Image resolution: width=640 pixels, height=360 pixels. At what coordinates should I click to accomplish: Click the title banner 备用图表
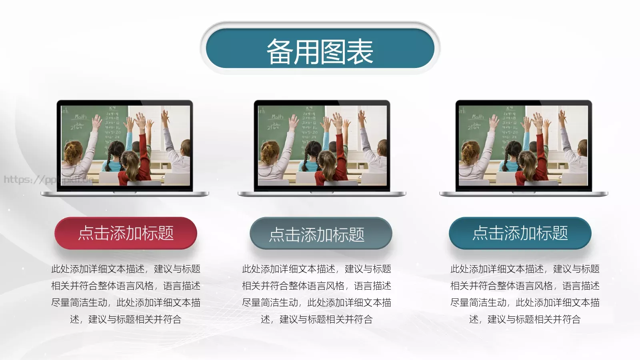tap(320, 51)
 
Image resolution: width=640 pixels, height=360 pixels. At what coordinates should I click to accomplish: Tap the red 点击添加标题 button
tap(126, 233)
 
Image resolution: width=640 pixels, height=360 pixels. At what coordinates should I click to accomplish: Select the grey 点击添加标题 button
tap(321, 234)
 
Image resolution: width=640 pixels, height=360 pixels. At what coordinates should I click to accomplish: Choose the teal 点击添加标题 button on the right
tap(520, 233)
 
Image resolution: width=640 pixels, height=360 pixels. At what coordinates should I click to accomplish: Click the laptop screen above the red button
tap(125, 146)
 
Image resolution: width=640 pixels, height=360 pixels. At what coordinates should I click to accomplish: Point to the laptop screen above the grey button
tap(322, 146)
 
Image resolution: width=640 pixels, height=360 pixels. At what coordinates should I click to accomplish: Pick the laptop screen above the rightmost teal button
tap(523, 146)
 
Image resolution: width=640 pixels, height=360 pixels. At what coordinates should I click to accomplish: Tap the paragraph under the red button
tap(126, 294)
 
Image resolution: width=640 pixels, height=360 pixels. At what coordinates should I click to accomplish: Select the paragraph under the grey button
tap(317, 294)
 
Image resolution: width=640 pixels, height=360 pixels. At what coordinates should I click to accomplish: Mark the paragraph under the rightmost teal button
tap(525, 294)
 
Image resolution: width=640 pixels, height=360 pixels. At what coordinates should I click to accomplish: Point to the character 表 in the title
tap(360, 52)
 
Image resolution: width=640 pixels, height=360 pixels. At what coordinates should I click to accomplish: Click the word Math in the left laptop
tap(81, 117)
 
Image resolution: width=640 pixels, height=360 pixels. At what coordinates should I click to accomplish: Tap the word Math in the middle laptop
tap(277, 117)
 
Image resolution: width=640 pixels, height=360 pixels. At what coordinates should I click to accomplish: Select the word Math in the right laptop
tap(478, 117)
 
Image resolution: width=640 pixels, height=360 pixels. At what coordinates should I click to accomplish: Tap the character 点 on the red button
tap(86, 233)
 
